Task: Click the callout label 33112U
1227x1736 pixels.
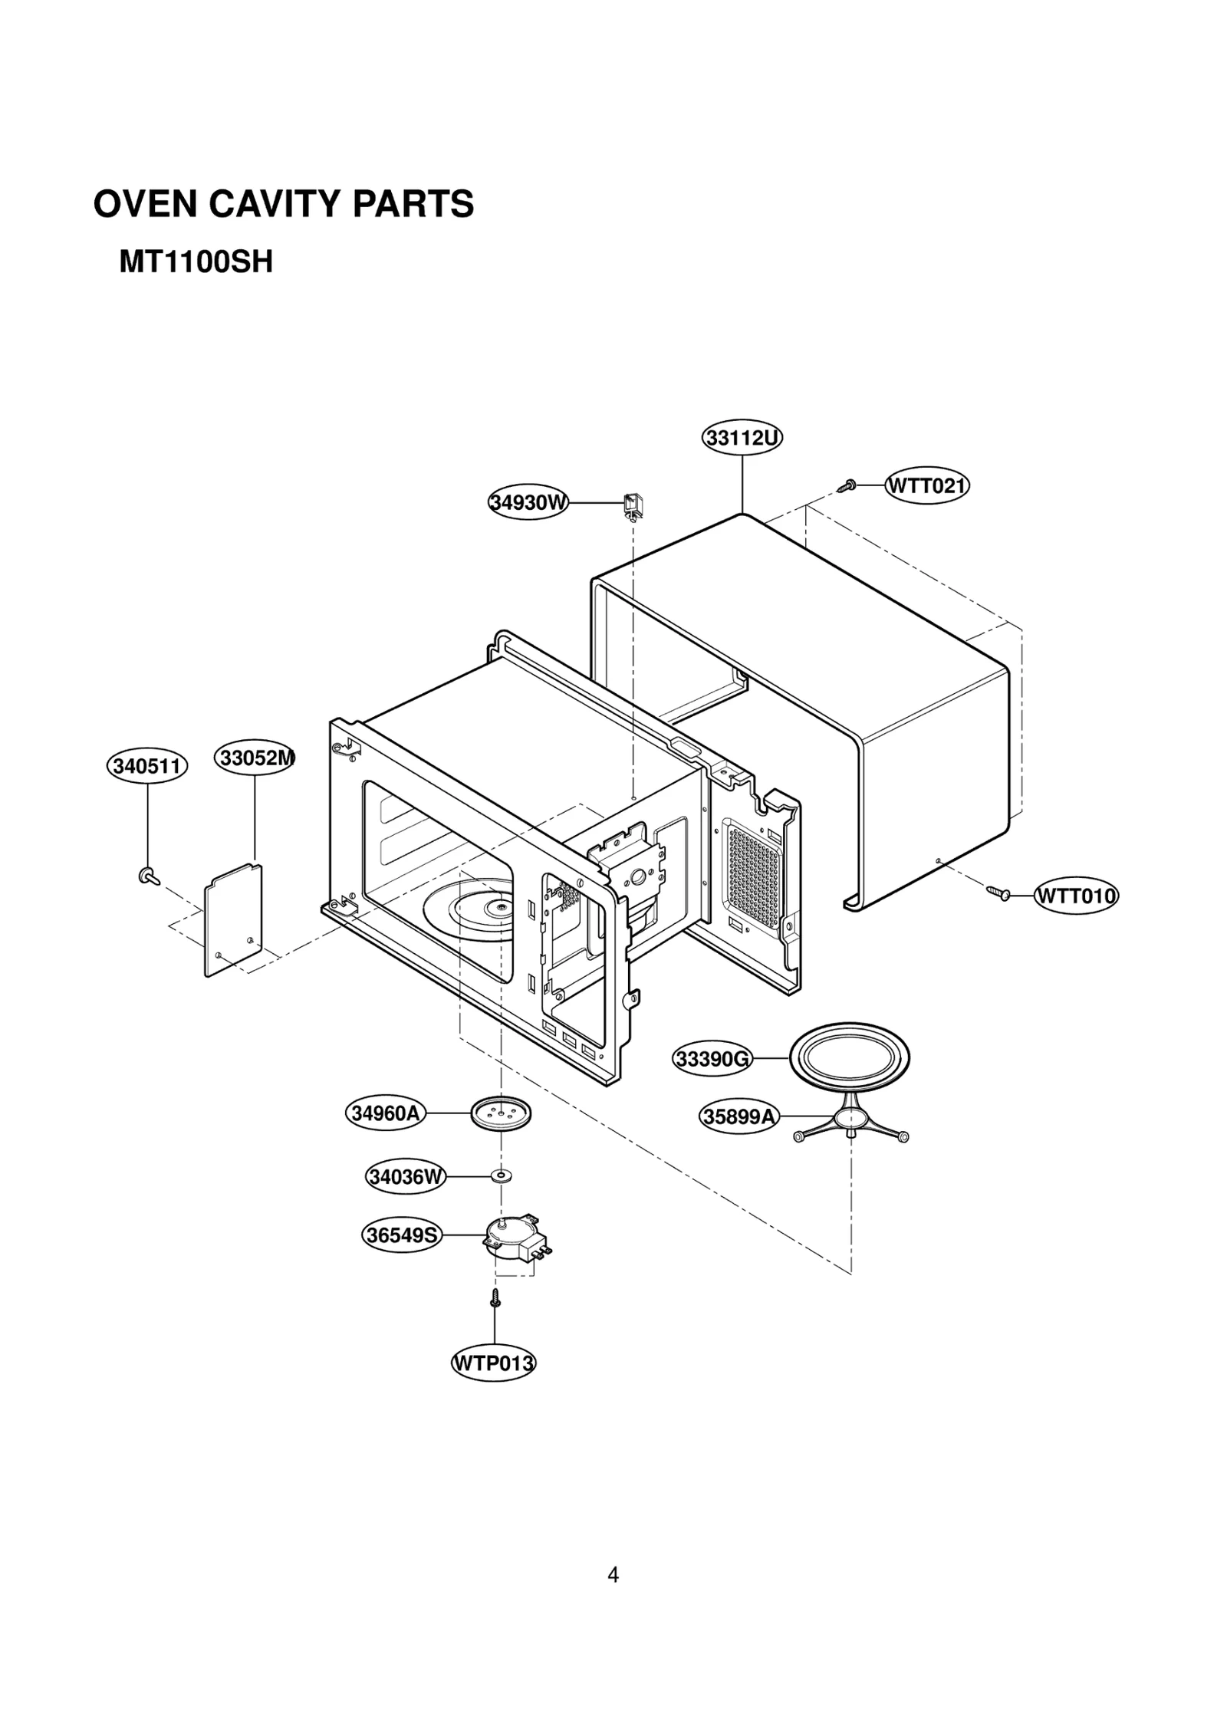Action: click(x=742, y=438)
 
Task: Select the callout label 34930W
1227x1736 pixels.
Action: click(x=529, y=503)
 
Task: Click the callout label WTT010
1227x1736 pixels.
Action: click(x=1076, y=896)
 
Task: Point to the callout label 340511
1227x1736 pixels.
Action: click(x=147, y=766)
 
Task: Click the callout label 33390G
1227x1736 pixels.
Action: click(x=712, y=1059)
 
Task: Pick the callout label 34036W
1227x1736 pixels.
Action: click(x=406, y=1176)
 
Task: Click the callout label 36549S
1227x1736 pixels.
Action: click(x=402, y=1235)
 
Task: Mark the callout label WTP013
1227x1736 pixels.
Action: click(x=493, y=1363)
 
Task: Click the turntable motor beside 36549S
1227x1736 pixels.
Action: click(x=510, y=1239)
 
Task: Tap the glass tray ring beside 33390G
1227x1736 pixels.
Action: click(x=850, y=1059)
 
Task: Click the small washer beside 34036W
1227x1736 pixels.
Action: click(x=502, y=1175)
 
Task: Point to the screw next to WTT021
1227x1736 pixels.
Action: click(x=847, y=486)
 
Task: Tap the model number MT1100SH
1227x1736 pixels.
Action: click(x=196, y=263)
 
